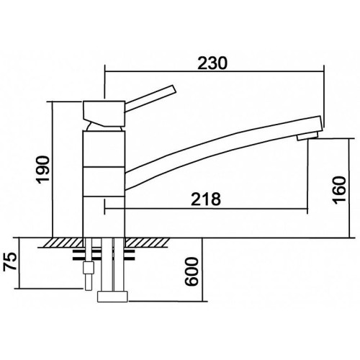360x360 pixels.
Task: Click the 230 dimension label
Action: tap(212, 63)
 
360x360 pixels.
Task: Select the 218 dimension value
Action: tap(206, 199)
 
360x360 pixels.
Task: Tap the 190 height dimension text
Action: tap(43, 169)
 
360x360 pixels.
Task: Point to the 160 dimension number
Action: tap(339, 190)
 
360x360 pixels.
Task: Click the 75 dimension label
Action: tap(10, 261)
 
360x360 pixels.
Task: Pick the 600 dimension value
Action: tap(192, 271)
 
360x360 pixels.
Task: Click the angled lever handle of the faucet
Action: tap(150, 98)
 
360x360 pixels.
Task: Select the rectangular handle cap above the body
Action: tap(104, 114)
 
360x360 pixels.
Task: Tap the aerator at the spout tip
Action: tap(307, 137)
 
